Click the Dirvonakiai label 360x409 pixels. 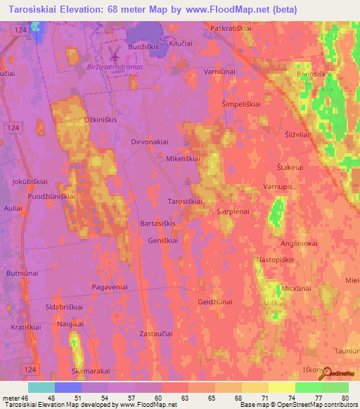click(x=150, y=141)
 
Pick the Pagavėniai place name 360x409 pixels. click(x=110, y=287)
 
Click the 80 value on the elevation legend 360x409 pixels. click(x=345, y=398)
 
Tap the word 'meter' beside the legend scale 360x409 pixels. click(x=11, y=398)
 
